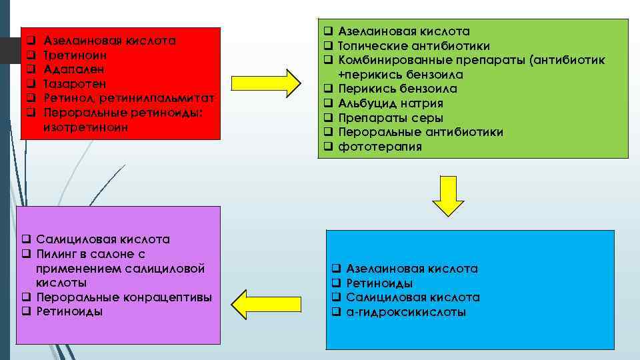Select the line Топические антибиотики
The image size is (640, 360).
tap(414, 46)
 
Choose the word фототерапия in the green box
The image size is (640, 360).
tap(380, 147)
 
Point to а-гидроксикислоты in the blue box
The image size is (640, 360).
tap(406, 312)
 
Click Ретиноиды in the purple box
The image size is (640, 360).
tap(69, 311)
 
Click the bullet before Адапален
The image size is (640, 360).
tap(30, 69)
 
